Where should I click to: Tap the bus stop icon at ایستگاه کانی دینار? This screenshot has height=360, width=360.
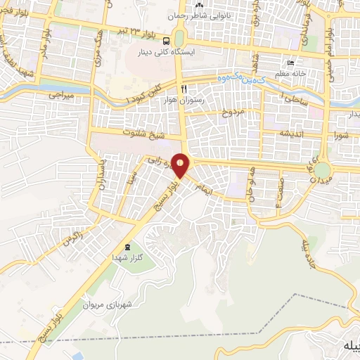(x=166, y=41)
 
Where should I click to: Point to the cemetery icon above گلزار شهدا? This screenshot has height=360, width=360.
(x=127, y=247)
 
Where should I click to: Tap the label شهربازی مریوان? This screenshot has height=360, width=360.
(x=108, y=306)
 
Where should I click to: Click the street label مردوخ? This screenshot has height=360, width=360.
(x=232, y=112)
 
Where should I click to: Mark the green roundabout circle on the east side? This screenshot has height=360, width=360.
(x=322, y=171)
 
